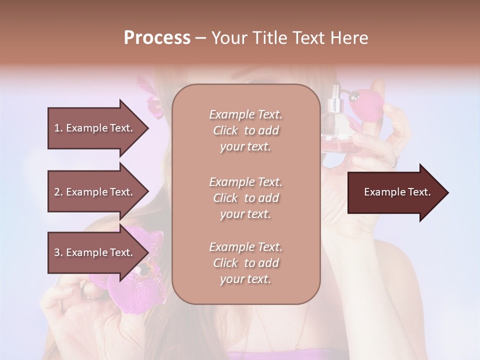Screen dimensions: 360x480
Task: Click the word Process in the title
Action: (157, 38)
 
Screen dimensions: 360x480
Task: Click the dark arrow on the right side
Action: (395, 192)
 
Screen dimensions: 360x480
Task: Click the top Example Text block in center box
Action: (245, 130)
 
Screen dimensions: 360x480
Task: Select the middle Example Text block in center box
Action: (245, 197)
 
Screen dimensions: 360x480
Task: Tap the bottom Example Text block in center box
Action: (245, 263)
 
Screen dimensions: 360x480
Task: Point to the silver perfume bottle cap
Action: (333, 105)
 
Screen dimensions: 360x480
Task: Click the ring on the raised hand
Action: (395, 161)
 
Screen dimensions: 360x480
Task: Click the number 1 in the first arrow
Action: (56, 128)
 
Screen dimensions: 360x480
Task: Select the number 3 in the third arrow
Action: (57, 252)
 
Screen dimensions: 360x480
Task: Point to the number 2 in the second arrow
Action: (57, 192)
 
